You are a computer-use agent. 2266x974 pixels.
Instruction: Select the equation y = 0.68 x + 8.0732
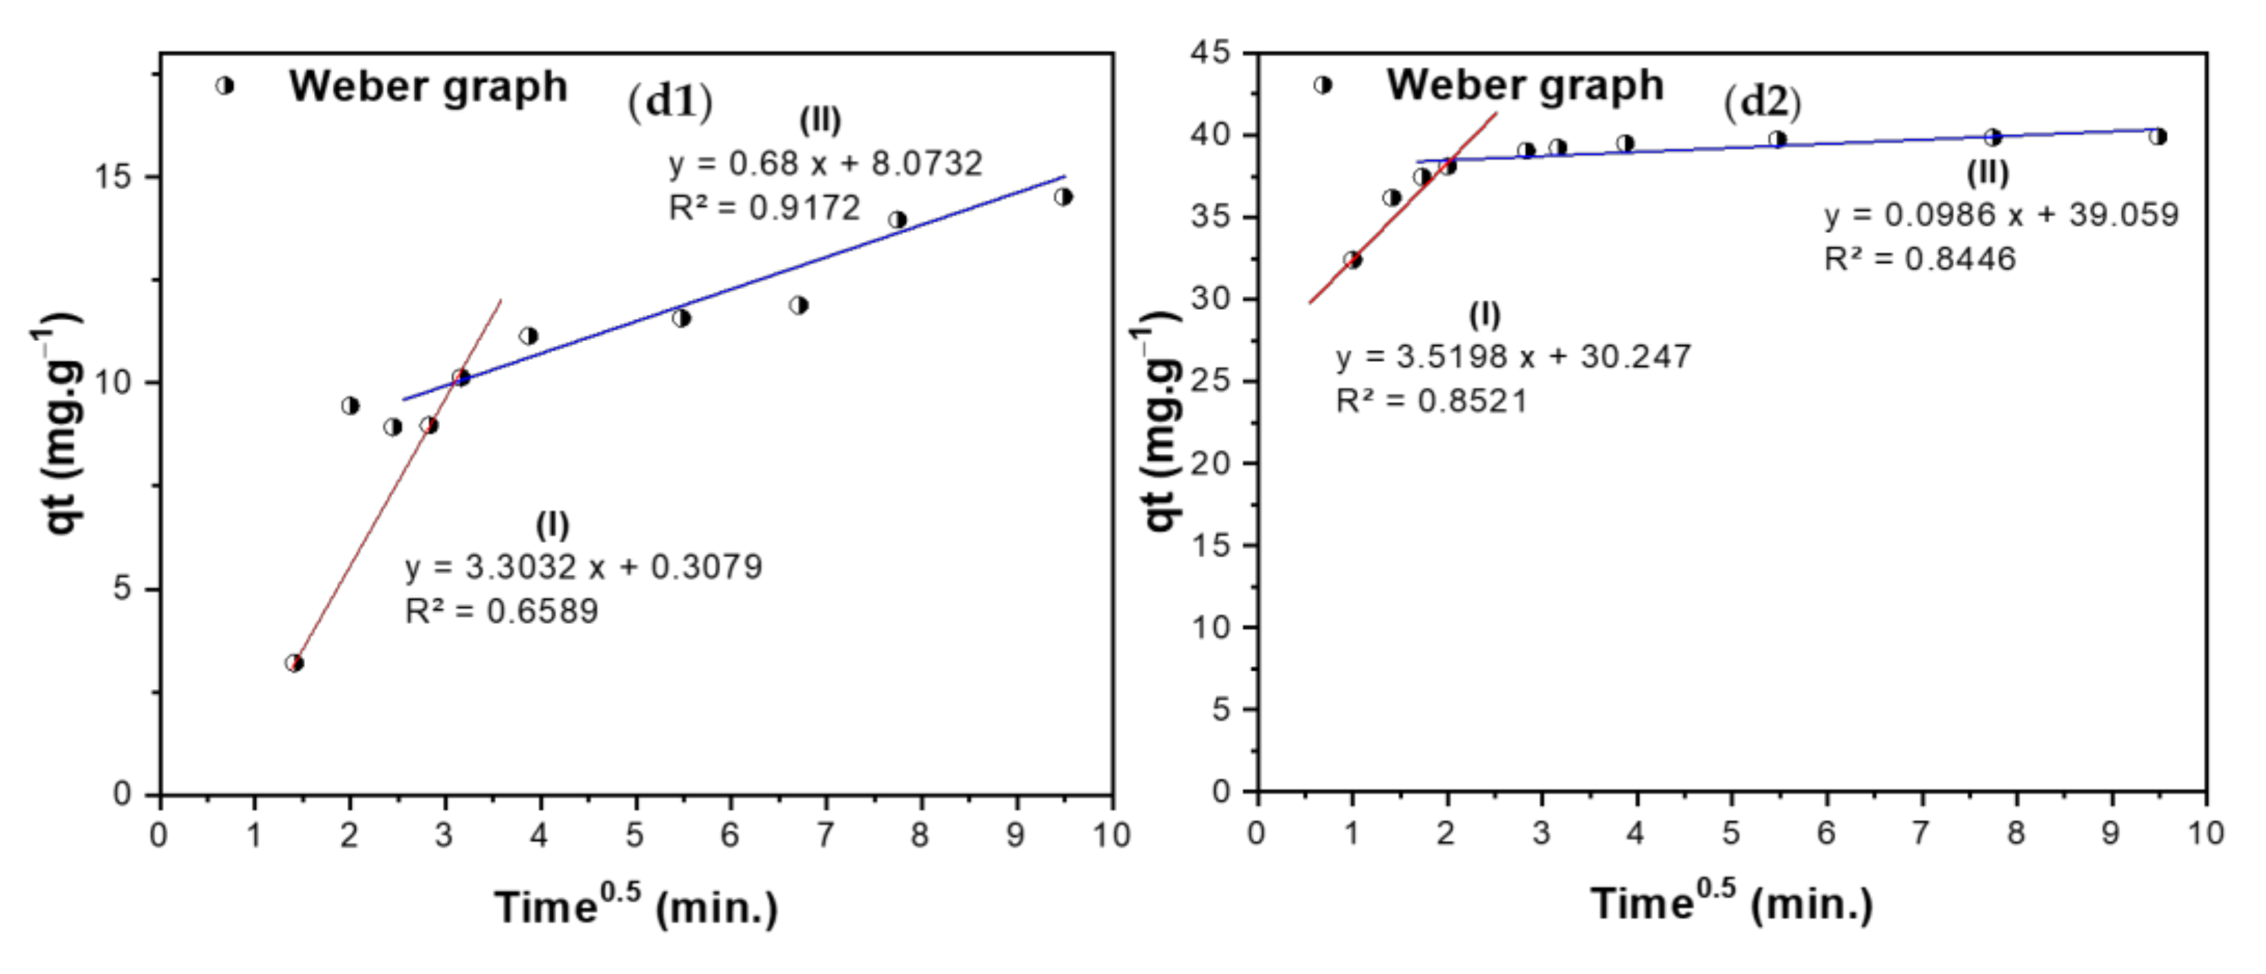tap(825, 164)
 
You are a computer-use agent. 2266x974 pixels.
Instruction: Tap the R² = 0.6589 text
tap(501, 611)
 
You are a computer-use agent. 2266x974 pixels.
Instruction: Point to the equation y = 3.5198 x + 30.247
tap(1513, 356)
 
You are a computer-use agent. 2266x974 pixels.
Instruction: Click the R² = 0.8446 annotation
tap(1919, 259)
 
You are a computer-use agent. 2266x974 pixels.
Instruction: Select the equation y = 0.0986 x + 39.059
tap(2001, 214)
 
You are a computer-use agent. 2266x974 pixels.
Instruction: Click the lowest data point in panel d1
tap(295, 663)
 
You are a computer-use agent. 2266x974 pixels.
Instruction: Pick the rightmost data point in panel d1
tap(1064, 196)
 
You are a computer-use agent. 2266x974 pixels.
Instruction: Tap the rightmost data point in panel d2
tap(2158, 136)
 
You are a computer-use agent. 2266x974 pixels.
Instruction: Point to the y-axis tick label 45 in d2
tap(1211, 53)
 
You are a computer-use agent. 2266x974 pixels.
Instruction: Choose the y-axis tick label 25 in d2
tap(1211, 381)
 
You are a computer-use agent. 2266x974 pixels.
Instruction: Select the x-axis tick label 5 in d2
tap(1731, 832)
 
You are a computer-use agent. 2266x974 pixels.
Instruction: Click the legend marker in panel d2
tap(1322, 85)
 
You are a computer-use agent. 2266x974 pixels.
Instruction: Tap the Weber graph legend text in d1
tap(428, 86)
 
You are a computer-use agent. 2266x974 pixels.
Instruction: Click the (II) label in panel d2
tap(1988, 174)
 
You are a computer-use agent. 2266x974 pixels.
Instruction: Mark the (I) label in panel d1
tap(553, 525)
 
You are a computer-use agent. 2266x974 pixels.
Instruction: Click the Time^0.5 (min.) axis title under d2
tap(1731, 903)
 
